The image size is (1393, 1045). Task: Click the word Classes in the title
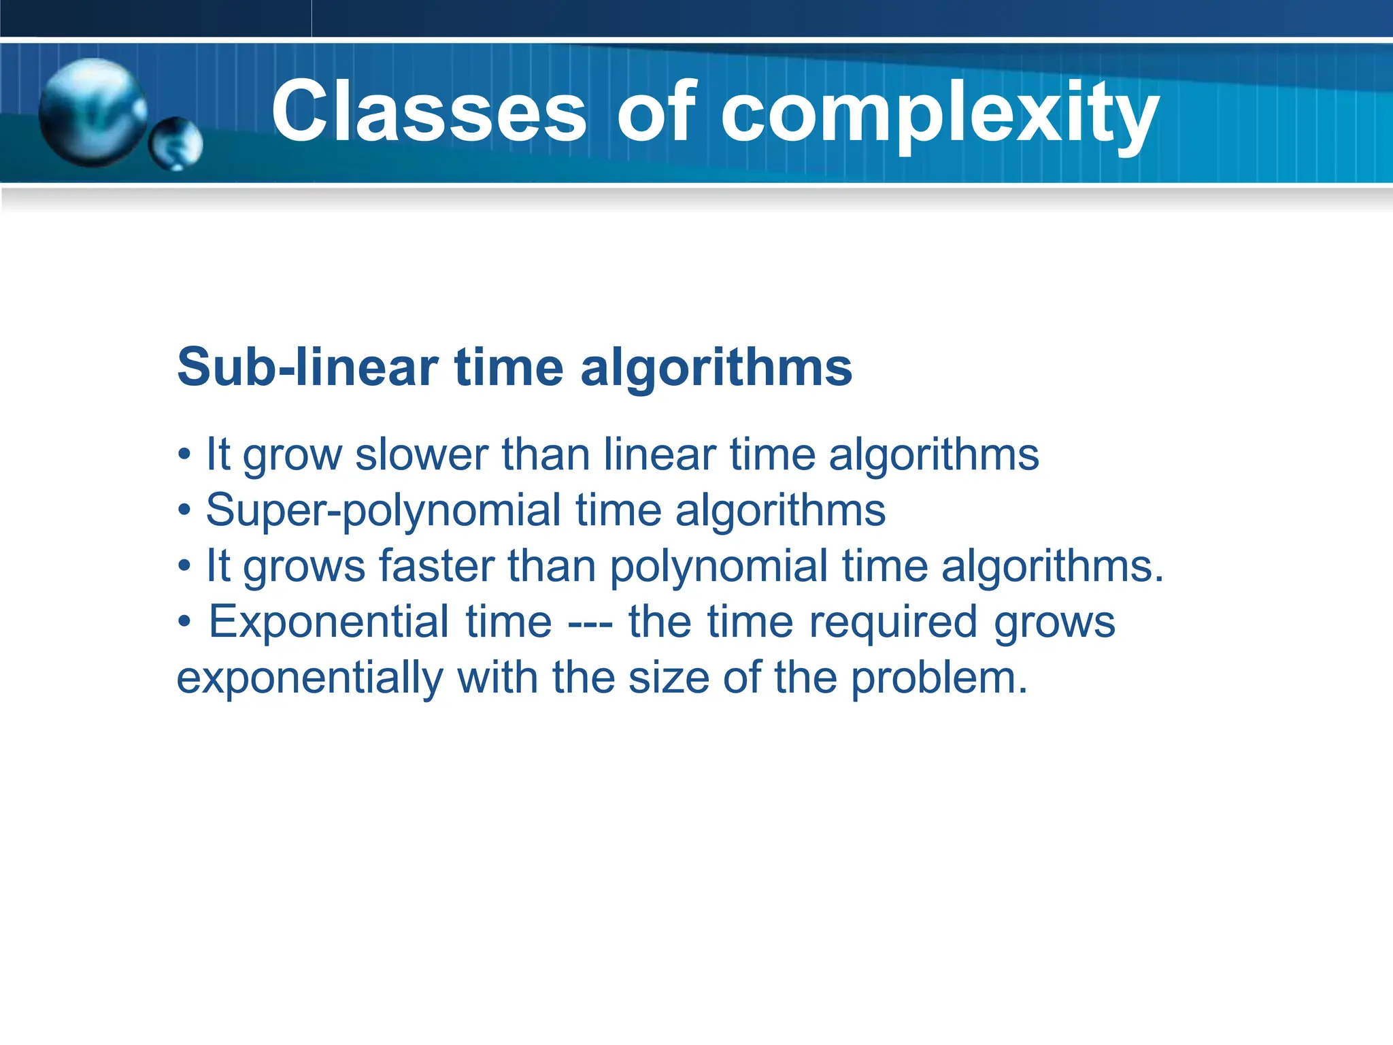[x=429, y=112]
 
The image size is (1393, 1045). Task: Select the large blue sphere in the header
[x=92, y=112]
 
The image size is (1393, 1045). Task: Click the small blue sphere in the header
[x=175, y=144]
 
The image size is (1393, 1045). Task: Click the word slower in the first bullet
[x=421, y=454]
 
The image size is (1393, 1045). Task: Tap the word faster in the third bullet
[x=436, y=566]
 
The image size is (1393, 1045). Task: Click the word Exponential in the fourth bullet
[x=328, y=622]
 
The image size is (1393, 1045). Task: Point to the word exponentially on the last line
[x=309, y=679]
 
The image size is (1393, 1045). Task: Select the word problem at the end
[x=939, y=679]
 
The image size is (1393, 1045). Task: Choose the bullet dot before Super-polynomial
[x=184, y=511]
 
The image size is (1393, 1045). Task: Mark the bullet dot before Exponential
[x=184, y=623]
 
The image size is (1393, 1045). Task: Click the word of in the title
[x=656, y=112]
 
